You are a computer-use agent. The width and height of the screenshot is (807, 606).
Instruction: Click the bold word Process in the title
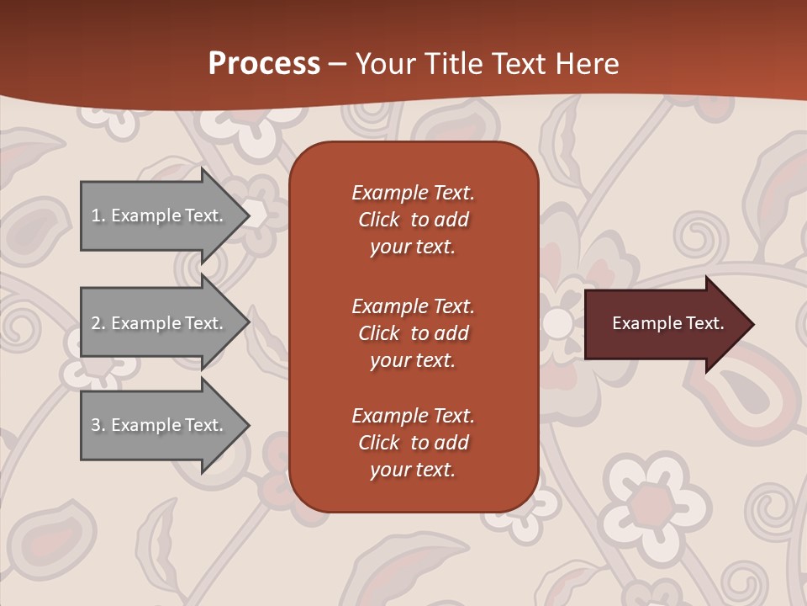pyautogui.click(x=264, y=63)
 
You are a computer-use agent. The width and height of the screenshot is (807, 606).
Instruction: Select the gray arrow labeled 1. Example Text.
pyautogui.click(x=160, y=215)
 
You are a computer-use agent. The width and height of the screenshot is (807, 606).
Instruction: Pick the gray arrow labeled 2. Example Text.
pyautogui.click(x=160, y=323)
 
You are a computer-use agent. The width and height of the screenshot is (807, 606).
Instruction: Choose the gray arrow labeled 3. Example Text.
pyautogui.click(x=160, y=425)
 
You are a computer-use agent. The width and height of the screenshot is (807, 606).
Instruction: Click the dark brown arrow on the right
pyautogui.click(x=664, y=324)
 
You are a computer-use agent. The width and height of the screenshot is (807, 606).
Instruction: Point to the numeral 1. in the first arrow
pyautogui.click(x=98, y=215)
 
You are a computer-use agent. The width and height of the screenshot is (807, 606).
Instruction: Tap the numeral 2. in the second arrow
pyautogui.click(x=98, y=323)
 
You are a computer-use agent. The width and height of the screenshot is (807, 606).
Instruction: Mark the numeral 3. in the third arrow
pyautogui.click(x=98, y=425)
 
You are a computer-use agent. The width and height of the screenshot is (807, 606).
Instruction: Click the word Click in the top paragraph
pyautogui.click(x=378, y=221)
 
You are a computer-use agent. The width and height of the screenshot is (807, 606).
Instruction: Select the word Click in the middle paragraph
pyautogui.click(x=378, y=333)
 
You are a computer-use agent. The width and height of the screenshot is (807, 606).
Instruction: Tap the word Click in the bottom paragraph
pyautogui.click(x=378, y=443)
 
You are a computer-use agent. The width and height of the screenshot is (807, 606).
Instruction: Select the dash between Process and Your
pyautogui.click(x=337, y=64)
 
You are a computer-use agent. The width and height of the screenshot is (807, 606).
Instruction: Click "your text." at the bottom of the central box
pyautogui.click(x=412, y=470)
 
